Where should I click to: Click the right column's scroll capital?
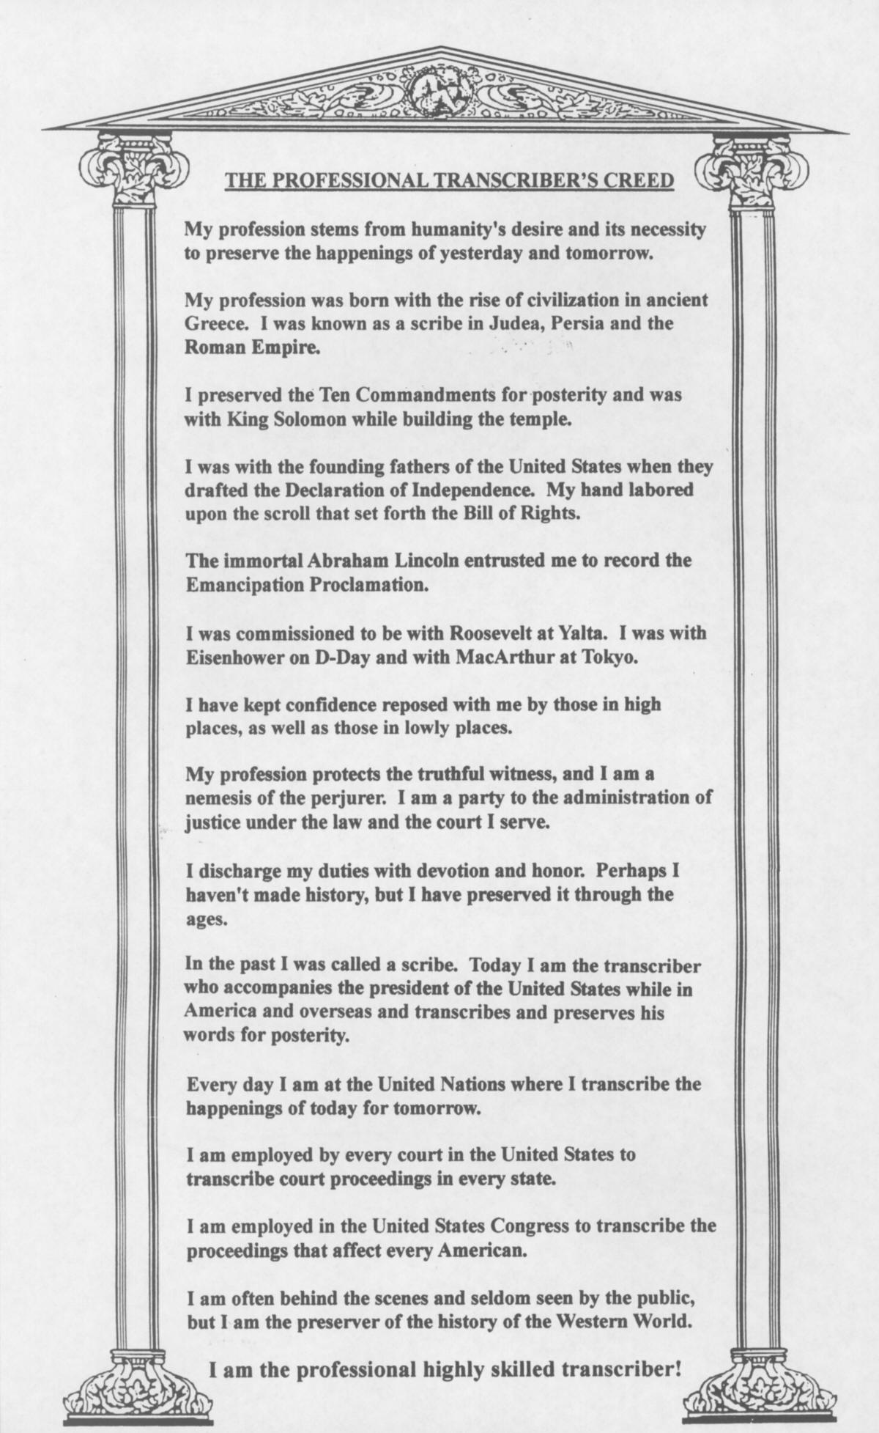pos(752,173)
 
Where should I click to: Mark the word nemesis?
pos(213,798)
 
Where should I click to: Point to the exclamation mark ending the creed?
pos(678,1368)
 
